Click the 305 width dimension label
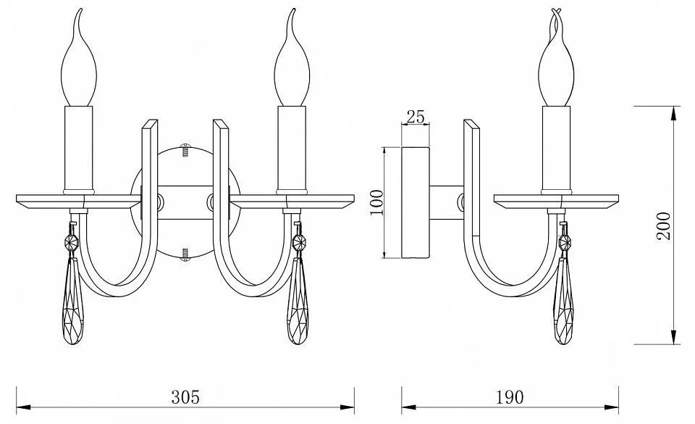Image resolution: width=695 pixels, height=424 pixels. (185, 397)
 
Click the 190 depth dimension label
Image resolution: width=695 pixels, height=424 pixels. (509, 397)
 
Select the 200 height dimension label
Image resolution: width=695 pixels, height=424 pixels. (664, 226)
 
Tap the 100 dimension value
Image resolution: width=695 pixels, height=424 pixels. (376, 202)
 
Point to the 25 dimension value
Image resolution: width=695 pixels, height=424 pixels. (416, 117)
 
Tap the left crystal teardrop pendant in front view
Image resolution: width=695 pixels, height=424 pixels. (75, 301)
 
